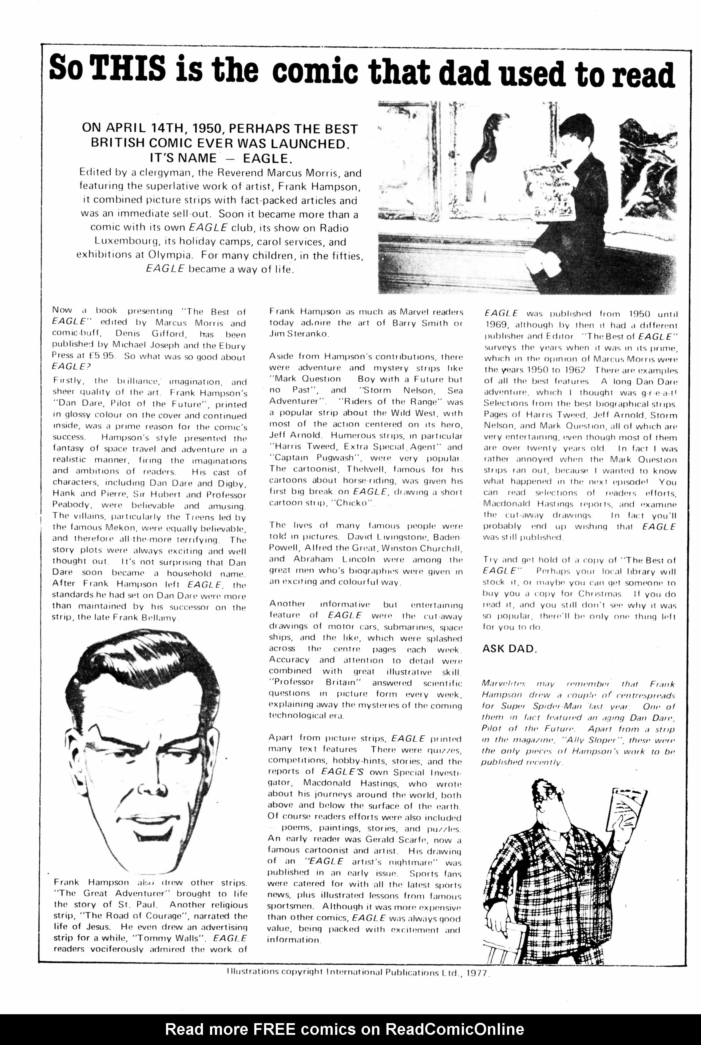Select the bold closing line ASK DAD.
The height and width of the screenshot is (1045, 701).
click(509, 649)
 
